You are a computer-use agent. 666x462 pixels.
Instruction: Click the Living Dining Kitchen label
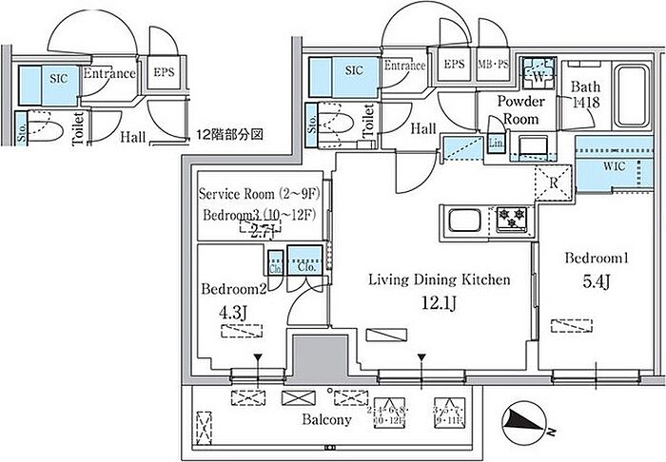tap(441, 280)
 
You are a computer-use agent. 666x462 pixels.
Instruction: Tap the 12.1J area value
tap(441, 303)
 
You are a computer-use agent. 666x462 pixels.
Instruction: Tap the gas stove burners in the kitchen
tap(512, 221)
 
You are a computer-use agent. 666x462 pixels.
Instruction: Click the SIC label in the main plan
tap(354, 69)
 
